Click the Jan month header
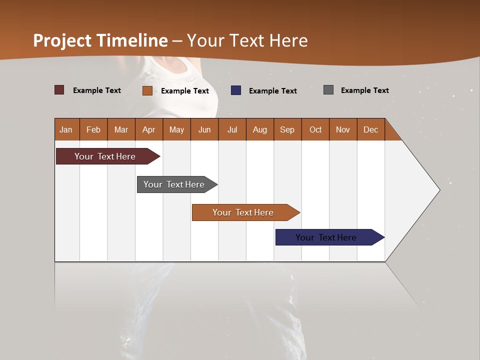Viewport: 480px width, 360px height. tap(66, 129)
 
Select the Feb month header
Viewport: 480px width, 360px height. tap(93, 129)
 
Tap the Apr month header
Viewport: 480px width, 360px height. tap(148, 129)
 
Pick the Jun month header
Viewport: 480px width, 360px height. tap(204, 129)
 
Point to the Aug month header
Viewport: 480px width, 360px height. tap(259, 129)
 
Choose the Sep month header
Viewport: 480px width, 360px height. tap(287, 129)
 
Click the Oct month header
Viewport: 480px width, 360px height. tap(315, 129)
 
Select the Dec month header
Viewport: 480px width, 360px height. tap(370, 129)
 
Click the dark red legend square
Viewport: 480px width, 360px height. tap(59, 90)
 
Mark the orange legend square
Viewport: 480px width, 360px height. tap(147, 90)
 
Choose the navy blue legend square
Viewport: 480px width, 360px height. tap(236, 90)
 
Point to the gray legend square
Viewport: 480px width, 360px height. tap(328, 90)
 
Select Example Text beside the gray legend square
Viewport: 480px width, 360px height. tap(364, 90)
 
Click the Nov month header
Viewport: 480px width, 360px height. tap(342, 129)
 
